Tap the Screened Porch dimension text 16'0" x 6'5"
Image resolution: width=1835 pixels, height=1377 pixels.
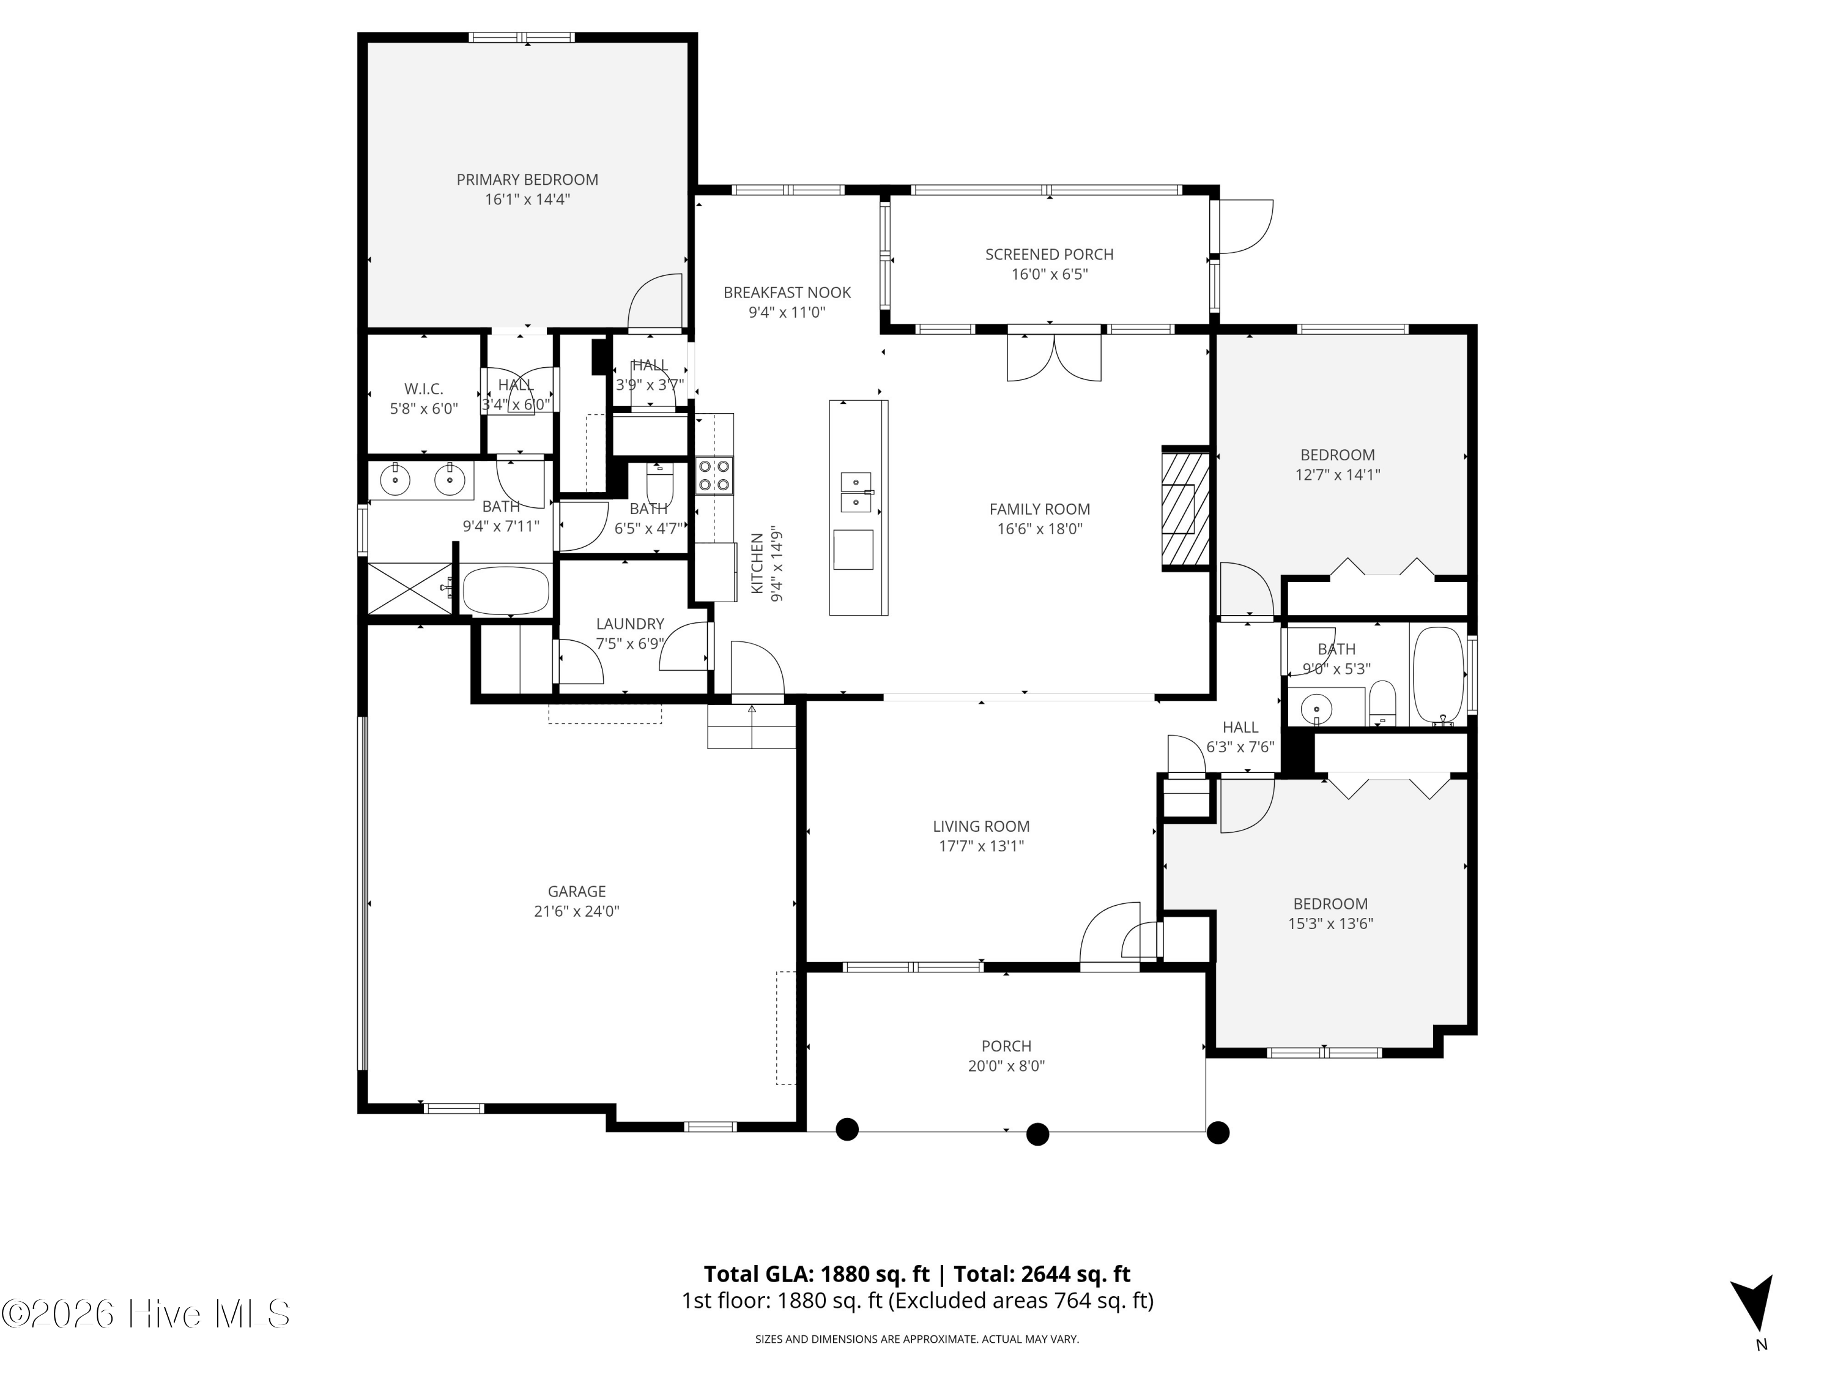tap(1050, 275)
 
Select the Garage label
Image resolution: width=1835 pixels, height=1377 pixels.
tap(577, 892)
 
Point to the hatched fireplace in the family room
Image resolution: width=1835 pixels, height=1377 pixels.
tap(1185, 509)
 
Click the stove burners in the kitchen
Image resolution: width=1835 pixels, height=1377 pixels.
tap(714, 476)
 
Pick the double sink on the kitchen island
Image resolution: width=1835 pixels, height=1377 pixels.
tap(855, 492)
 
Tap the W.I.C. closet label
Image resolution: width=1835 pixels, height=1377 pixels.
tap(424, 389)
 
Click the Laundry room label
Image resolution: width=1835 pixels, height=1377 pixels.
tap(631, 624)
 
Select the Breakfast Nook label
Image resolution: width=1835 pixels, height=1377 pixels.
tap(787, 292)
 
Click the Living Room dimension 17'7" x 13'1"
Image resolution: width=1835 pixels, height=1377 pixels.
tap(981, 846)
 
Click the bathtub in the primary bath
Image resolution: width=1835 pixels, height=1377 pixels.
tap(506, 590)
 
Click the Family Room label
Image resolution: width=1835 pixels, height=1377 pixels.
tap(1039, 509)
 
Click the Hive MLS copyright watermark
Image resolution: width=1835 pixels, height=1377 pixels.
tap(146, 1314)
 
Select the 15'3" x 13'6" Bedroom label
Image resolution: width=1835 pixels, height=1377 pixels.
tap(1330, 904)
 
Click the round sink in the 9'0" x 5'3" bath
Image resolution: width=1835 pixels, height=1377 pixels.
tap(1316, 710)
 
